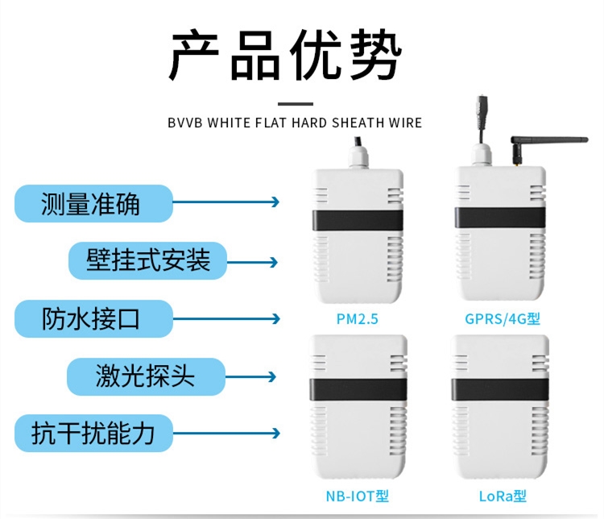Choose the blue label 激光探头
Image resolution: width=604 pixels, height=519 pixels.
[146, 376]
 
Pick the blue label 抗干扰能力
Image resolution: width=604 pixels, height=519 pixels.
[93, 434]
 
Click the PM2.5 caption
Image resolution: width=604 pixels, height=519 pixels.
[357, 319]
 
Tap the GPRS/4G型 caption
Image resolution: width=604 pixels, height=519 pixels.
[502, 319]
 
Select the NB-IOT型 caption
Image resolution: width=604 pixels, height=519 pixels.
[357, 496]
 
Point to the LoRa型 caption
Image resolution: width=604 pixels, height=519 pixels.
[502, 496]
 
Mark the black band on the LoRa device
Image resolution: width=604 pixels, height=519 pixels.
[501, 389]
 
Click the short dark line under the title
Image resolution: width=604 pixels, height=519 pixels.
[295, 103]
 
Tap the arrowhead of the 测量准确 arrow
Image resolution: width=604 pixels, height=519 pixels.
[275, 202]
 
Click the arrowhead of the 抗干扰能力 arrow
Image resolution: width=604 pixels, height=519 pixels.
[275, 434]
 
